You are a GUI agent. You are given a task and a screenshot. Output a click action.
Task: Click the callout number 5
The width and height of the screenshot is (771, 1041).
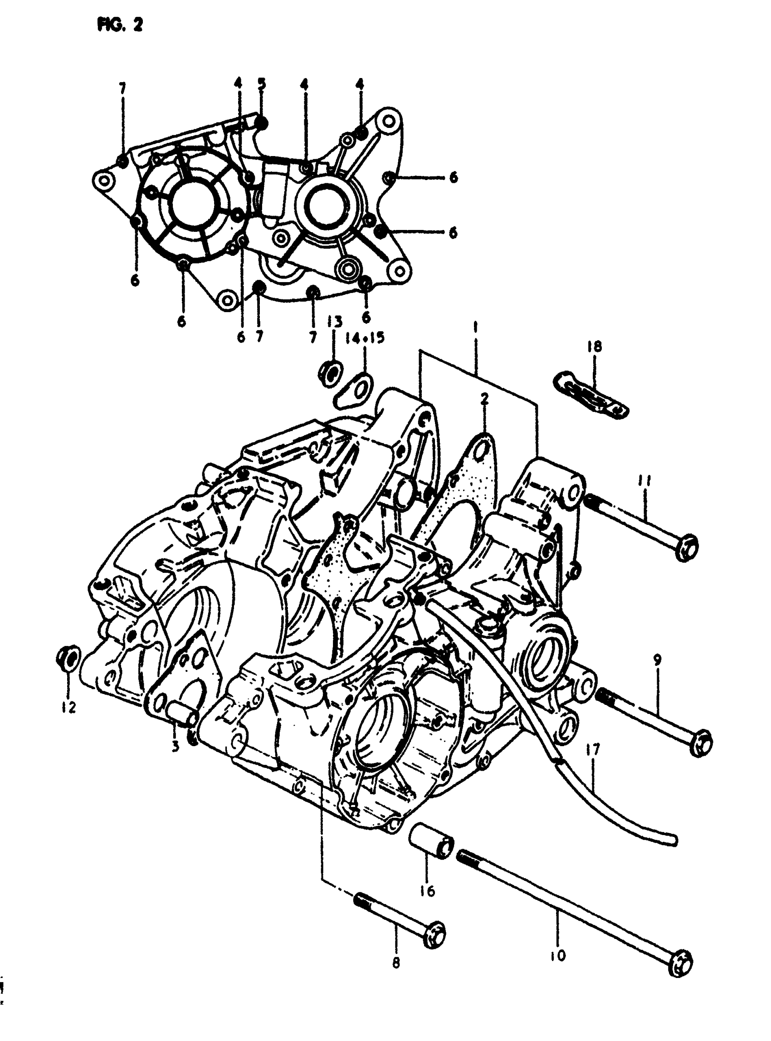click(261, 84)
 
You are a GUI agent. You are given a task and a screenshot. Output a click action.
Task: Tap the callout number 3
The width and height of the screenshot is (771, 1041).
click(176, 748)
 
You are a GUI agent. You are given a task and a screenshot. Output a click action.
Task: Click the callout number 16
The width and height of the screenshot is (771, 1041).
click(427, 889)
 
